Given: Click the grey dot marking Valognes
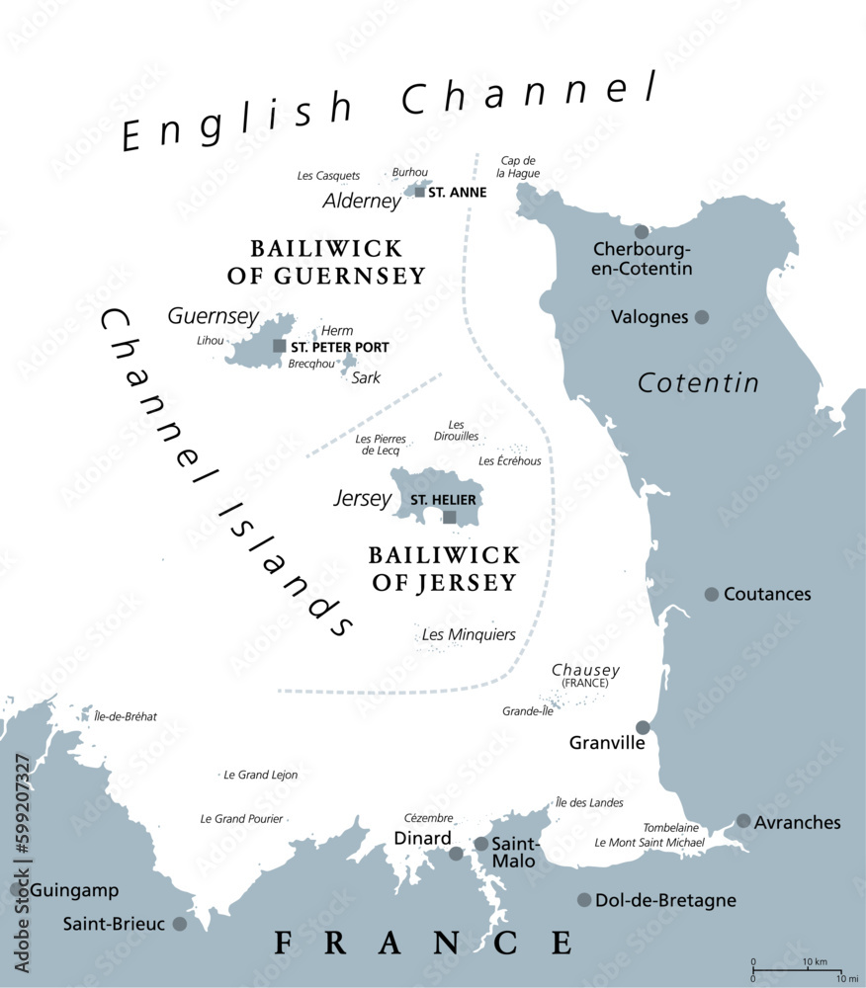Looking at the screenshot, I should point(702,317).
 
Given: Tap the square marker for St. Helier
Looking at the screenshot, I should point(450,517).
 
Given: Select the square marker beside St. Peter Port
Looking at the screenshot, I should point(280,346).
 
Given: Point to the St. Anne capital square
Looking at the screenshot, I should point(420,192).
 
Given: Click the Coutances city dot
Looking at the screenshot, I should point(712,594).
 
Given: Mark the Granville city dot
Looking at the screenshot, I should point(643,727).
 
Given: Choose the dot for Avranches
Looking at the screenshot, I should point(743,821).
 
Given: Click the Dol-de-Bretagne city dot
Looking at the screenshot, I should point(584,900).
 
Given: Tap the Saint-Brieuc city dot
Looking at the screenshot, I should point(179,924).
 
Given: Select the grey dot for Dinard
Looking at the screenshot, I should point(456,853).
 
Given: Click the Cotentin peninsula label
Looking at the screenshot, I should point(698,382).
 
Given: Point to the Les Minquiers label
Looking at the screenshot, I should point(469,634).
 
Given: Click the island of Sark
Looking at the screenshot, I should point(349,364).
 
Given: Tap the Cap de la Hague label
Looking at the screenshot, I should point(518,167).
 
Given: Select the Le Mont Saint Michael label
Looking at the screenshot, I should point(649,843).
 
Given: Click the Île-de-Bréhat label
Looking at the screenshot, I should point(126,716).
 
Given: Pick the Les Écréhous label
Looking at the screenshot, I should point(510,460).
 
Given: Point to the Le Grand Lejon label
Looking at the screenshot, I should point(261,775).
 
